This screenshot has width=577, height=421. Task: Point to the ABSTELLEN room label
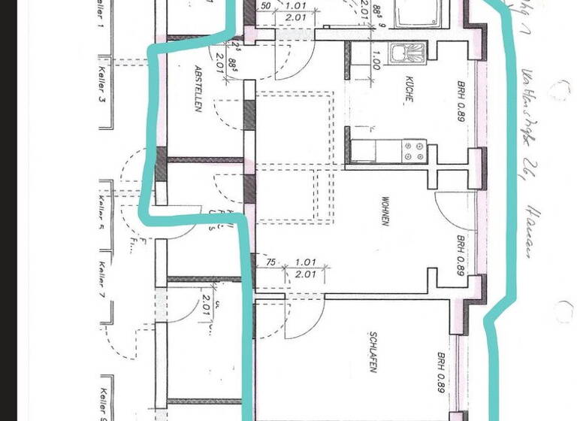[x=199, y=89]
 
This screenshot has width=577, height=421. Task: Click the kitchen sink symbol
[x=406, y=52]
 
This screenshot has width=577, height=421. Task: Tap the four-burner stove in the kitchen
[x=414, y=150]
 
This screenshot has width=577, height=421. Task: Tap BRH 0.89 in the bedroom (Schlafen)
[x=440, y=374]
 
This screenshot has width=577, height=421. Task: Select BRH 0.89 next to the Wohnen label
[x=460, y=256]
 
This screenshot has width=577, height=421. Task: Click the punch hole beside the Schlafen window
[x=563, y=310]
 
